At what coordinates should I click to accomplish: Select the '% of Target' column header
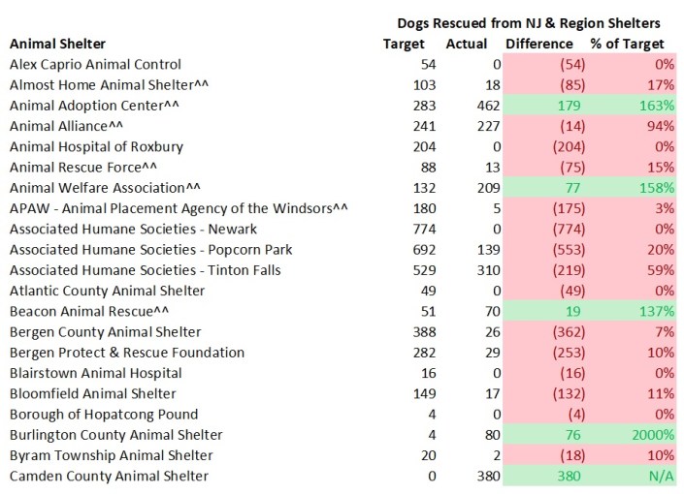click(628, 44)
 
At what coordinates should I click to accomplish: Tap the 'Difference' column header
click(539, 44)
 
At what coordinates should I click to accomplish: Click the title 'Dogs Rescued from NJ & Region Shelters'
click(529, 22)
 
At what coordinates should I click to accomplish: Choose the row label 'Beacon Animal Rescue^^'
click(78, 311)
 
